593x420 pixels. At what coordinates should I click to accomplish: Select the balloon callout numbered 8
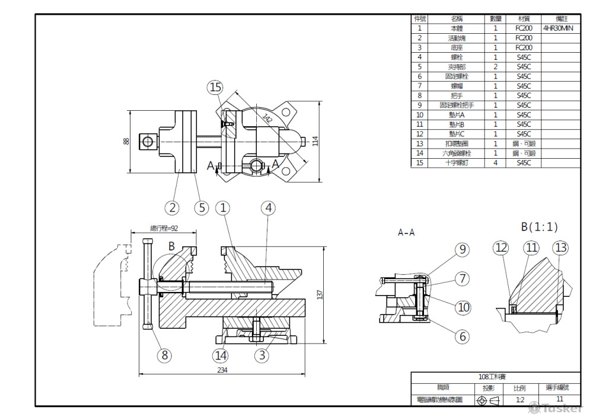click(164, 355)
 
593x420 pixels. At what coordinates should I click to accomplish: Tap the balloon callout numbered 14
click(221, 355)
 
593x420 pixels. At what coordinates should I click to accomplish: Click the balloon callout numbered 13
click(560, 248)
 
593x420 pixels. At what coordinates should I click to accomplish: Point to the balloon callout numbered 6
click(463, 336)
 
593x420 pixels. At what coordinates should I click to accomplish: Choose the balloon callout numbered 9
click(463, 249)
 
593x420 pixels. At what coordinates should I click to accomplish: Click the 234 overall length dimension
click(222, 370)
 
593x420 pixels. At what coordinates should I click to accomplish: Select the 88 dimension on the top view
click(126, 141)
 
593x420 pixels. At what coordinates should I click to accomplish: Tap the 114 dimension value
click(315, 141)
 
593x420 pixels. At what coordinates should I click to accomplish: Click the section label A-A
click(406, 233)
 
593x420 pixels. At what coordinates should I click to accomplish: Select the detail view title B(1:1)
click(539, 226)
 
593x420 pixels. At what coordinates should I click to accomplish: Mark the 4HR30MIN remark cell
click(557, 28)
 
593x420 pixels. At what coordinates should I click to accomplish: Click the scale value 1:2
click(519, 400)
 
